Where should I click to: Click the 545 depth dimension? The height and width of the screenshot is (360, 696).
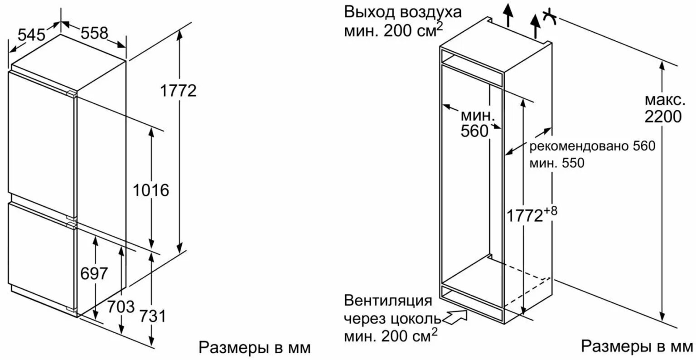pyautogui.click(x=31, y=35)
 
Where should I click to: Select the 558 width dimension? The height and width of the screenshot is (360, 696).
pyautogui.click(x=95, y=33)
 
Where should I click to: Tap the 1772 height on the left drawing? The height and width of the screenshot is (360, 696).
pyautogui.click(x=179, y=91)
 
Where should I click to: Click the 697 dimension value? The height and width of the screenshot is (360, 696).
pyautogui.click(x=94, y=273)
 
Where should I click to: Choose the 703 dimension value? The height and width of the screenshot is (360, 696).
pyautogui.click(x=121, y=306)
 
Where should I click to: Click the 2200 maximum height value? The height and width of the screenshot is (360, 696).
pyautogui.click(x=662, y=117)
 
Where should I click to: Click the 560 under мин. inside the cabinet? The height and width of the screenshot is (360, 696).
pyautogui.click(x=474, y=131)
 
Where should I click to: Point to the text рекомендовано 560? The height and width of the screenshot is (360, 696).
pyautogui.click(x=592, y=146)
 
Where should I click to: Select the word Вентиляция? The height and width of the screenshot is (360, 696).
pyautogui.click(x=388, y=301)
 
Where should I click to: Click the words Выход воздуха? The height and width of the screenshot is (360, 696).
pyautogui.click(x=403, y=11)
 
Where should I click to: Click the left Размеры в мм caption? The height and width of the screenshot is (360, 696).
pyautogui.click(x=255, y=347)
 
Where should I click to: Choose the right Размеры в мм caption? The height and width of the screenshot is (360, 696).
pyautogui.click(x=637, y=346)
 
